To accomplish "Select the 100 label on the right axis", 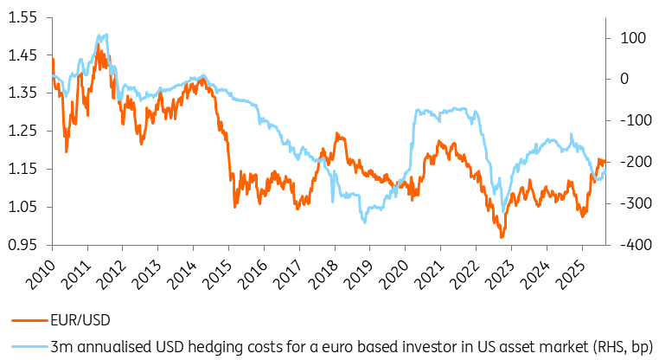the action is click(633, 38).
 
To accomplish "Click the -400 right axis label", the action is click(635, 245).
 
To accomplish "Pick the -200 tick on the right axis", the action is click(635, 162).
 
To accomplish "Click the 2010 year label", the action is click(41, 274).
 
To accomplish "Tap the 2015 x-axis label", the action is click(217, 274).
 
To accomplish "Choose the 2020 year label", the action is click(393, 274).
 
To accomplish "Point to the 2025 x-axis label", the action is click(570, 274).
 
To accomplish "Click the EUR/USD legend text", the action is click(80, 320).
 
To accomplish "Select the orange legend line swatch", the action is click(30, 320).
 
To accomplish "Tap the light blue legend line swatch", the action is click(30, 346).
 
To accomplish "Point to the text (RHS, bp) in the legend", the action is click(623, 347).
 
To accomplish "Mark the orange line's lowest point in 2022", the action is click(501, 238).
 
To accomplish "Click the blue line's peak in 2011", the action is click(106, 34).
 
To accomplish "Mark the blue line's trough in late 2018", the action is click(364, 222).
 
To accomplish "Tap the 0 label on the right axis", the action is click(624, 79).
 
